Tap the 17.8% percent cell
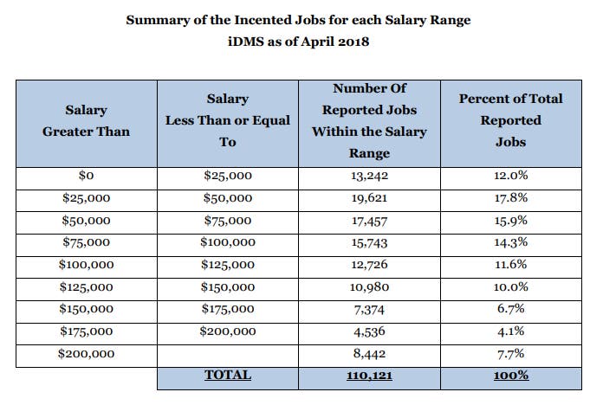coord(511,198)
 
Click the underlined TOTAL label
coord(228,376)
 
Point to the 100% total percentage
coord(511,376)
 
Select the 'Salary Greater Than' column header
coord(86,121)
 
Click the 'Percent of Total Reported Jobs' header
coord(511,121)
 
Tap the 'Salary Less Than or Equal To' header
coord(228,121)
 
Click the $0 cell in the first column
coord(86,176)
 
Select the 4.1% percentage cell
coord(511,331)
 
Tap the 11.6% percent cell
coord(511,265)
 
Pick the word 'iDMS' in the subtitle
coord(252,42)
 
